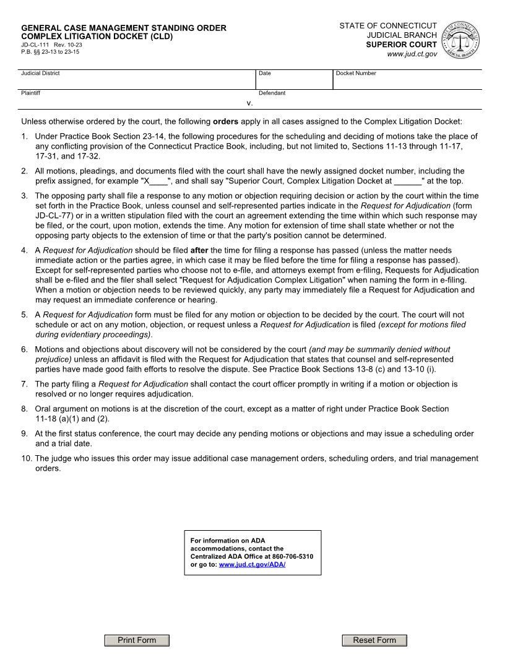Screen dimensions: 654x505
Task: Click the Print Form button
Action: pos(137,640)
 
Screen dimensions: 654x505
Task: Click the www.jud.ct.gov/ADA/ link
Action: pos(252,565)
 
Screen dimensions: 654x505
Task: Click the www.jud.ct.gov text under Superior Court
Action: pos(412,54)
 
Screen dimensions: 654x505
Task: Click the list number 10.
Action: pos(26,458)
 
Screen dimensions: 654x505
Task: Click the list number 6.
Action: pos(25,349)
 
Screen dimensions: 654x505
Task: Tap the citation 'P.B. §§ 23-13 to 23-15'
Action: pos(50,52)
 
